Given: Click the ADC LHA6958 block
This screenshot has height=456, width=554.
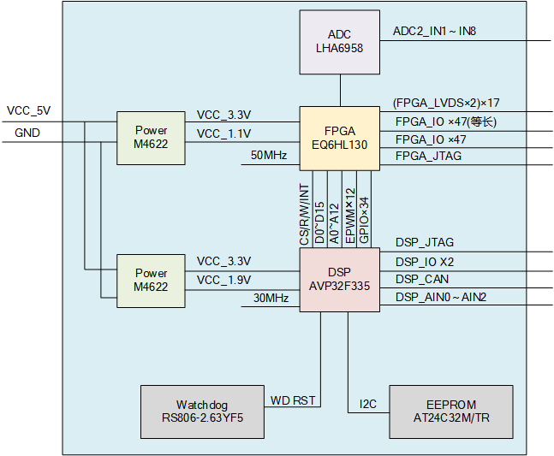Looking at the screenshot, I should (339, 41).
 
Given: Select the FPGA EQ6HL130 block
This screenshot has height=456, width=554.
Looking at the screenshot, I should (339, 138).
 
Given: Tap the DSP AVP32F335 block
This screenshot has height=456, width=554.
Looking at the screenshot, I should (339, 280).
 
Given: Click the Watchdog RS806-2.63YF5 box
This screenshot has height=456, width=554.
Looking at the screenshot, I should (204, 412).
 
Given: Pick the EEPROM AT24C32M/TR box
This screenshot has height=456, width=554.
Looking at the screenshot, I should (451, 412).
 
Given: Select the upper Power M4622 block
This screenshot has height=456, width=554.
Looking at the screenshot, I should (151, 138).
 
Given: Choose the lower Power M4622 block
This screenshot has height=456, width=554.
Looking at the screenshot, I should (151, 280).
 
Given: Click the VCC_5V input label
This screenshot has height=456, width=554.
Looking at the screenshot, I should (28, 110).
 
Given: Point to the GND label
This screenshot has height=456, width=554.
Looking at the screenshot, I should (27, 133).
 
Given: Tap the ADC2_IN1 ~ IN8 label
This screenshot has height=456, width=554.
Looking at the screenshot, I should (434, 31).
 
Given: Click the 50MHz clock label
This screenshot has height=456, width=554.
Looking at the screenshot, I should (269, 156).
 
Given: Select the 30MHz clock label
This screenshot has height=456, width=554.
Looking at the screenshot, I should (271, 298).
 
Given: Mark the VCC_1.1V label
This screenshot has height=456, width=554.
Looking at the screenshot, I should (223, 133).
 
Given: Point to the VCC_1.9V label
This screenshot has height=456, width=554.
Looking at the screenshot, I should (223, 280).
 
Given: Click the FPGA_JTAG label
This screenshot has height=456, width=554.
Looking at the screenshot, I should (428, 156).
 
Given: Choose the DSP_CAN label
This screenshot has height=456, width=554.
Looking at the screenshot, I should (421, 279).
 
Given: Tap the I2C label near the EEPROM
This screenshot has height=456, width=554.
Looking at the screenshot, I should (367, 403).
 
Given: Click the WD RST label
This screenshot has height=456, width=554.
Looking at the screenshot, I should (293, 400).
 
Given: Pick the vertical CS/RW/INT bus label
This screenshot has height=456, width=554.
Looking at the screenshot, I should (304, 215).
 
